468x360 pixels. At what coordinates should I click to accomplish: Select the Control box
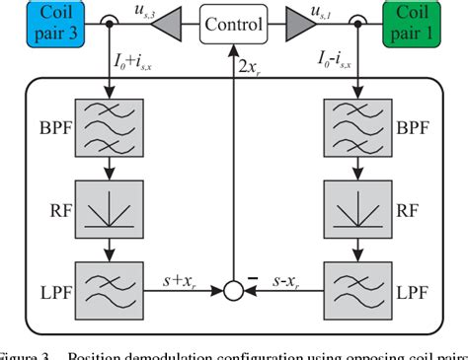[235, 21]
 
